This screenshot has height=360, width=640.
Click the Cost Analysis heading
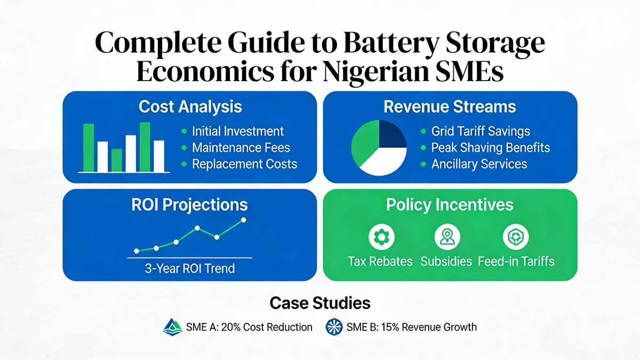tap(190, 106)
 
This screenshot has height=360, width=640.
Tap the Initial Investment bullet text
tap(237, 131)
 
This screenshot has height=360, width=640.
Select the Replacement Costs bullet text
tap(244, 164)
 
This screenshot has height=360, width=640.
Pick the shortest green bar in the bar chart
tap(117, 160)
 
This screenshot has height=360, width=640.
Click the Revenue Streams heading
tap(450, 106)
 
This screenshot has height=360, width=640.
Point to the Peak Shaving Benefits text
tap(490, 148)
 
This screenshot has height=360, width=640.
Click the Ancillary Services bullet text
tap(478, 164)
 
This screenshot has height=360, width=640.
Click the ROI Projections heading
tap(190, 204)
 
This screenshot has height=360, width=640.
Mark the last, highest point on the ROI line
tap(244, 220)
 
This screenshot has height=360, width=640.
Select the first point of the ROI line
tap(137, 251)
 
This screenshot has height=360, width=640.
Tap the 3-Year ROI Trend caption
tap(190, 268)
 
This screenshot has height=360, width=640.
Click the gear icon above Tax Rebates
tap(380, 236)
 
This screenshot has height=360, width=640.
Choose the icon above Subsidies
tap(446, 236)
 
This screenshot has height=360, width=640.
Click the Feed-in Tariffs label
tap(516, 261)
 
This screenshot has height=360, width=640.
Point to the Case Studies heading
tap(319, 303)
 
